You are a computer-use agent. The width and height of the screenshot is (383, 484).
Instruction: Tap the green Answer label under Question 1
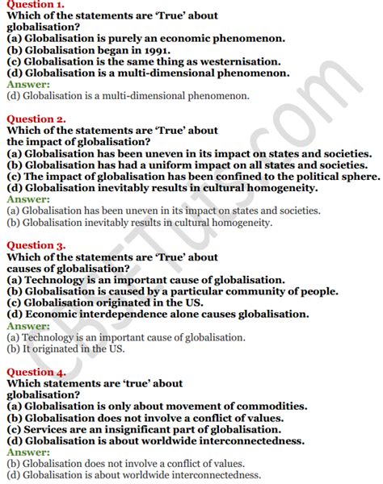(x=27, y=84)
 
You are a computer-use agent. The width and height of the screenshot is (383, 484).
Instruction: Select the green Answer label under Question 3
(x=27, y=325)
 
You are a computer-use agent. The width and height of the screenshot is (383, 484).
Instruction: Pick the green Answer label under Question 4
(x=27, y=452)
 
